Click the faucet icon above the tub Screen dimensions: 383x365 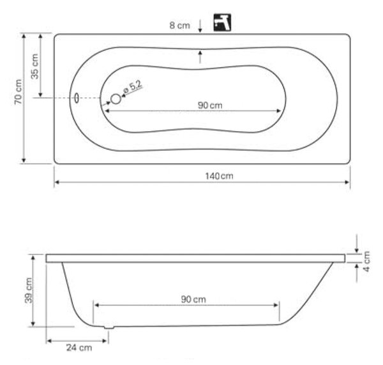(x=222, y=22)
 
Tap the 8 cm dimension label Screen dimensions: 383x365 (x=180, y=25)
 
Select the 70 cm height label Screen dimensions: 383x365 (x=19, y=92)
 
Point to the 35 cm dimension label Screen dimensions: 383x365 (x=34, y=66)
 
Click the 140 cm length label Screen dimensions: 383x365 (x=219, y=176)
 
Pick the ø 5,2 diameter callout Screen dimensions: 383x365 (x=132, y=86)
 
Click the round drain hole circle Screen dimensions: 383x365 (x=116, y=99)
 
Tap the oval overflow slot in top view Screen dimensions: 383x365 (x=77, y=98)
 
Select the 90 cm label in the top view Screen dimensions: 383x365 (x=210, y=105)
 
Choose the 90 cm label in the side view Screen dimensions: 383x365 (x=193, y=299)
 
